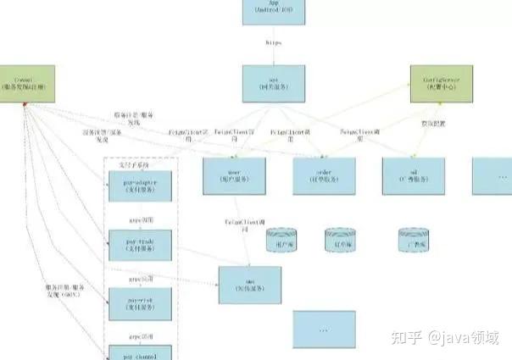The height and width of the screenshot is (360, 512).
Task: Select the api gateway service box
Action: [x=273, y=83]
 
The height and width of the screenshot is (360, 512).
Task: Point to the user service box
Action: [x=235, y=176]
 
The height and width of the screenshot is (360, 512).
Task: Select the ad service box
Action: [x=415, y=176]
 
